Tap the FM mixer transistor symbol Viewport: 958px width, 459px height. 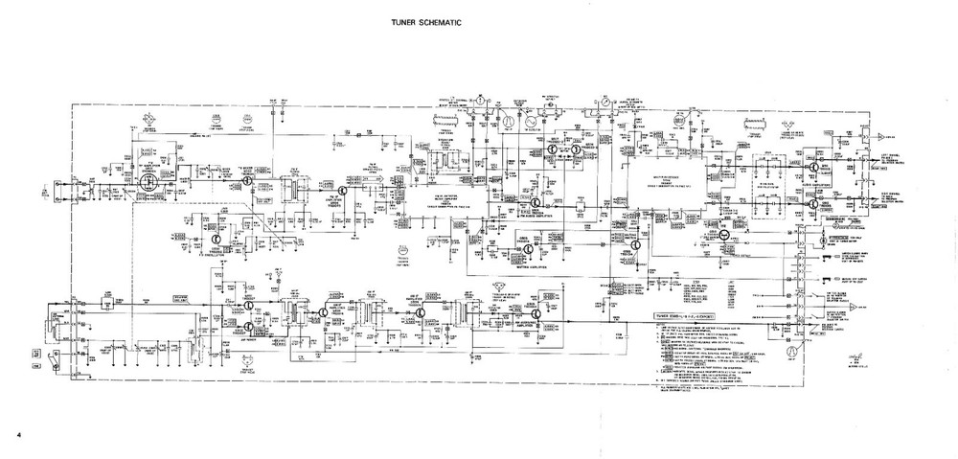click(248, 179)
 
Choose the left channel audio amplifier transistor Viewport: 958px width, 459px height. click(813, 167)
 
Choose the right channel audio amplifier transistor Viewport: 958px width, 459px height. click(813, 203)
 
